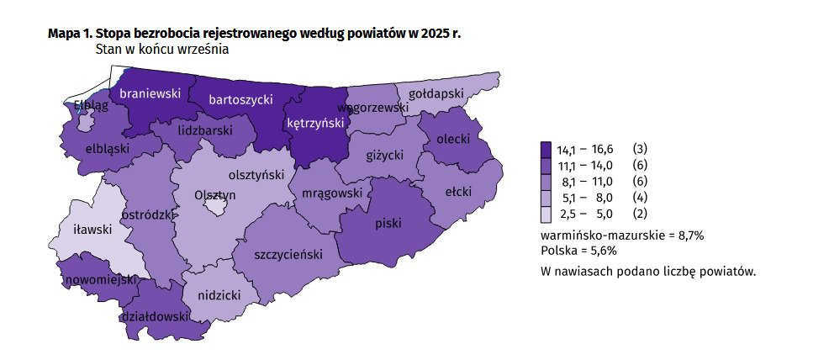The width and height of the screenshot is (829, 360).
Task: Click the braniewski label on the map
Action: pyautogui.click(x=150, y=94)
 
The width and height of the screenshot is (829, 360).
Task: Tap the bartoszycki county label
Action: pyautogui.click(x=240, y=99)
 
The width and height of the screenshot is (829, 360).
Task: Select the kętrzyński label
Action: pyautogui.click(x=316, y=123)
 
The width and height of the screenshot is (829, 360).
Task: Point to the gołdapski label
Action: pyautogui.click(x=436, y=94)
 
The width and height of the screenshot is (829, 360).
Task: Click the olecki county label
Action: pyautogui.click(x=452, y=139)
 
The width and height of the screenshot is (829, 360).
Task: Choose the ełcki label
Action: pyautogui.click(x=458, y=192)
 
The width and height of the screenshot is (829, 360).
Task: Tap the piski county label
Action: pyautogui.click(x=388, y=224)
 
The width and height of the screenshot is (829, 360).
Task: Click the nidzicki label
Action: pyautogui.click(x=219, y=296)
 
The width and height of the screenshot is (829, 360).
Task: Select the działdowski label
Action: pyautogui.click(x=154, y=317)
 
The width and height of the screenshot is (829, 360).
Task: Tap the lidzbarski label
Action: pyautogui.click(x=204, y=131)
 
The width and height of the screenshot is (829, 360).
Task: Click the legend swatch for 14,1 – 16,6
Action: pyautogui.click(x=546, y=149)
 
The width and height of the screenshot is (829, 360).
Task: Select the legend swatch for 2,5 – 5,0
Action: pyautogui.click(x=546, y=213)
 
